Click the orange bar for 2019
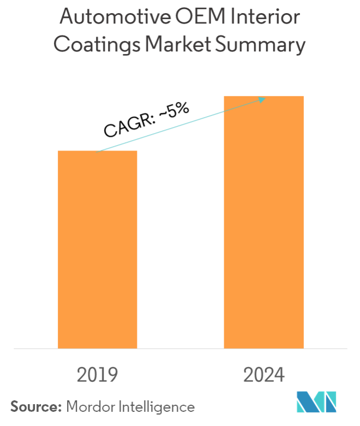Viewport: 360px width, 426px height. coord(98,249)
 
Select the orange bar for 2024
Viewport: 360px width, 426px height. coord(263,221)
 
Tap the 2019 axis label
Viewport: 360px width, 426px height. coord(98,375)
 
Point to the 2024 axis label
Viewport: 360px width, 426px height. coord(264,375)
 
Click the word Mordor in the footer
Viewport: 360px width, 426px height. coord(88,406)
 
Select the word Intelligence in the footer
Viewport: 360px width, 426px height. coord(154,406)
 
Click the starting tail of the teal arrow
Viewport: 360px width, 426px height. coord(97,151)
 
